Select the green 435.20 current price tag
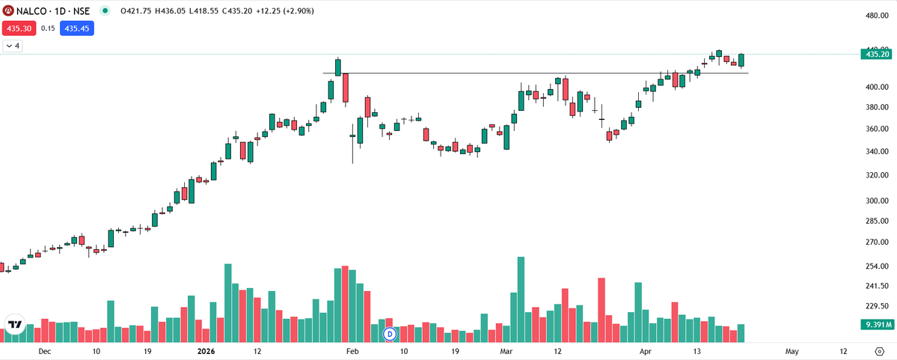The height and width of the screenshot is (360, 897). [x=877, y=55]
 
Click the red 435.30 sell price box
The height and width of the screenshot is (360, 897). [x=16, y=28]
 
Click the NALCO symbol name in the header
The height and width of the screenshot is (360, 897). [x=27, y=11]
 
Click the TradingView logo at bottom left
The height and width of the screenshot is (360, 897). [x=15, y=324]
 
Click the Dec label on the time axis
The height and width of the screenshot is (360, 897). [x=44, y=351]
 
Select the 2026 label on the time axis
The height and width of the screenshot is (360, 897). [x=206, y=351]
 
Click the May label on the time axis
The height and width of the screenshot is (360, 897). [x=792, y=351]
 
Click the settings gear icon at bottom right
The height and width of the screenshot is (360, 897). [x=879, y=351]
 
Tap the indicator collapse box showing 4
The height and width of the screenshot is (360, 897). [x=13, y=46]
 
